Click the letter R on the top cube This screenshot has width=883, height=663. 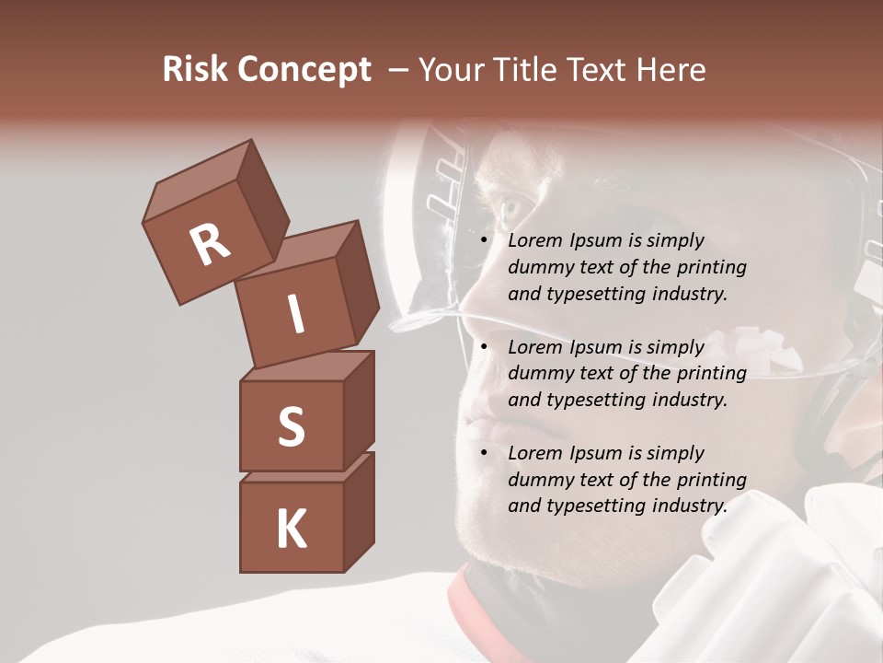[210, 245]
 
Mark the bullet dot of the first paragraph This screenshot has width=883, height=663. [484, 241]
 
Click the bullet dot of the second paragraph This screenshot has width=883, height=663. [484, 347]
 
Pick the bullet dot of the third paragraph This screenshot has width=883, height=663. [484, 453]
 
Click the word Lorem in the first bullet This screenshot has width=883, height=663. [534, 241]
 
